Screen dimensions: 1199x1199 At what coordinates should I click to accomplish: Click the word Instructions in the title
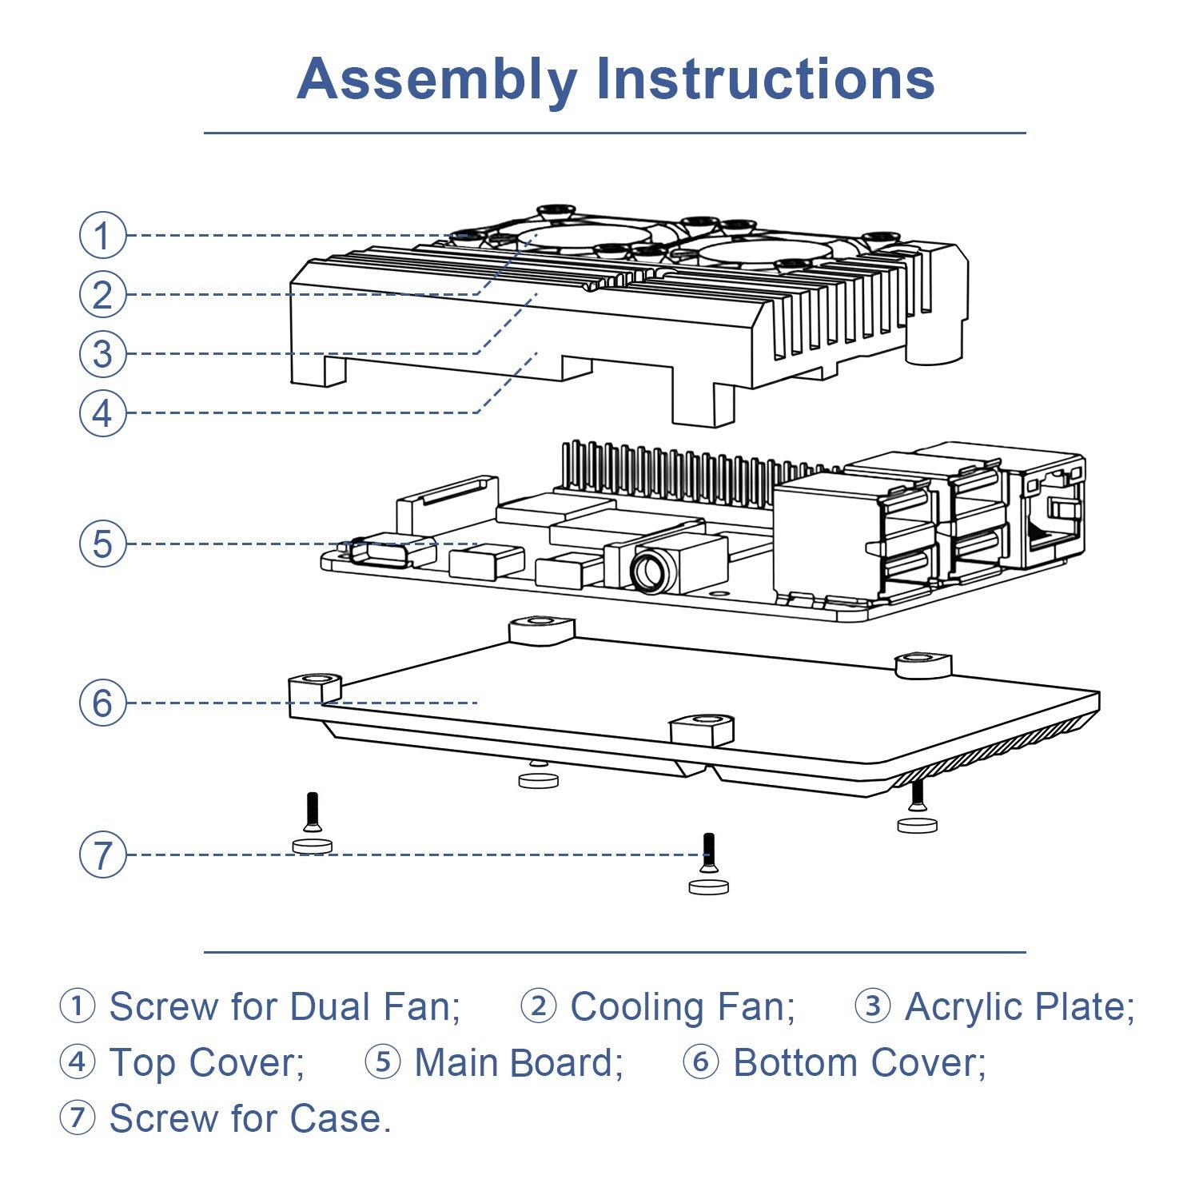[x=765, y=79]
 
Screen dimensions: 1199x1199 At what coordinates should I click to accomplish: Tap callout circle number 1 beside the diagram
[x=102, y=235]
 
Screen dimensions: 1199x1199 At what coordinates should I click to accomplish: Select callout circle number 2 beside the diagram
[x=102, y=294]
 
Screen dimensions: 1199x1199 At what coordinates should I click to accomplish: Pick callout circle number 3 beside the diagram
[x=102, y=353]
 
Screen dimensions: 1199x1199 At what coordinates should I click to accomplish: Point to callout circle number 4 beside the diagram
[x=102, y=413]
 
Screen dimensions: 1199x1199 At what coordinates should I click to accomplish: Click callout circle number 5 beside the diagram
[x=102, y=544]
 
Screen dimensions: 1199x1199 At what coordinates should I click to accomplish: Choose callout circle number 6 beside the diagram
[x=102, y=703]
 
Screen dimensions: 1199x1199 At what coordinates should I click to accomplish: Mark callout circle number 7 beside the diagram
[x=102, y=854]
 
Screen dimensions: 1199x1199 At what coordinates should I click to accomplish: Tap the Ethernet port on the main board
[x=1049, y=512]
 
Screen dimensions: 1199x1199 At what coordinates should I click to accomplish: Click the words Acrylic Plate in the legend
[x=1019, y=1006]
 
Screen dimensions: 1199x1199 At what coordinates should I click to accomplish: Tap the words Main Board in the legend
[x=518, y=1063]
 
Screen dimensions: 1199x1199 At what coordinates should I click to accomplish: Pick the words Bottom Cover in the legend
[x=859, y=1063]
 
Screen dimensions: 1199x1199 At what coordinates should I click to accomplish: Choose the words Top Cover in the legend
[x=206, y=1063]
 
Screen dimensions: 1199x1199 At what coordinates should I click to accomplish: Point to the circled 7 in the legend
[x=78, y=1117]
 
